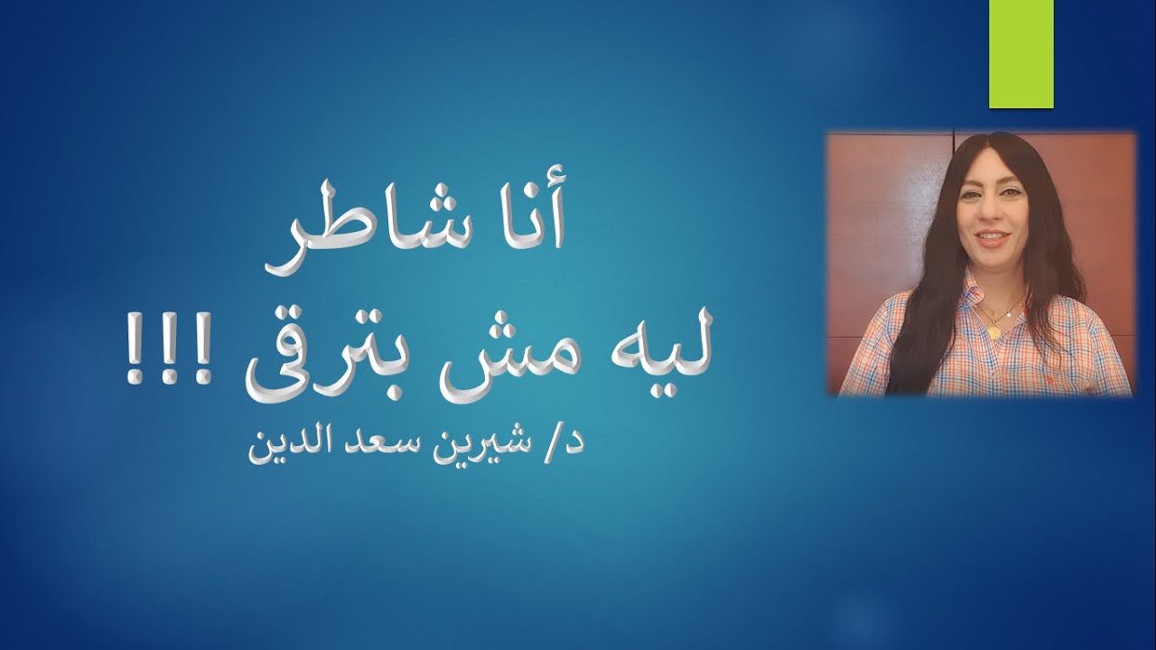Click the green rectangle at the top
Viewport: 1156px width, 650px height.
(1021, 54)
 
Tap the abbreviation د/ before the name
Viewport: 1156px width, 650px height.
(567, 446)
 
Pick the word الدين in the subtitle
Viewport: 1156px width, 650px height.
(285, 446)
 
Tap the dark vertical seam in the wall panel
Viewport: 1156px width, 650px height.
(955, 149)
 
